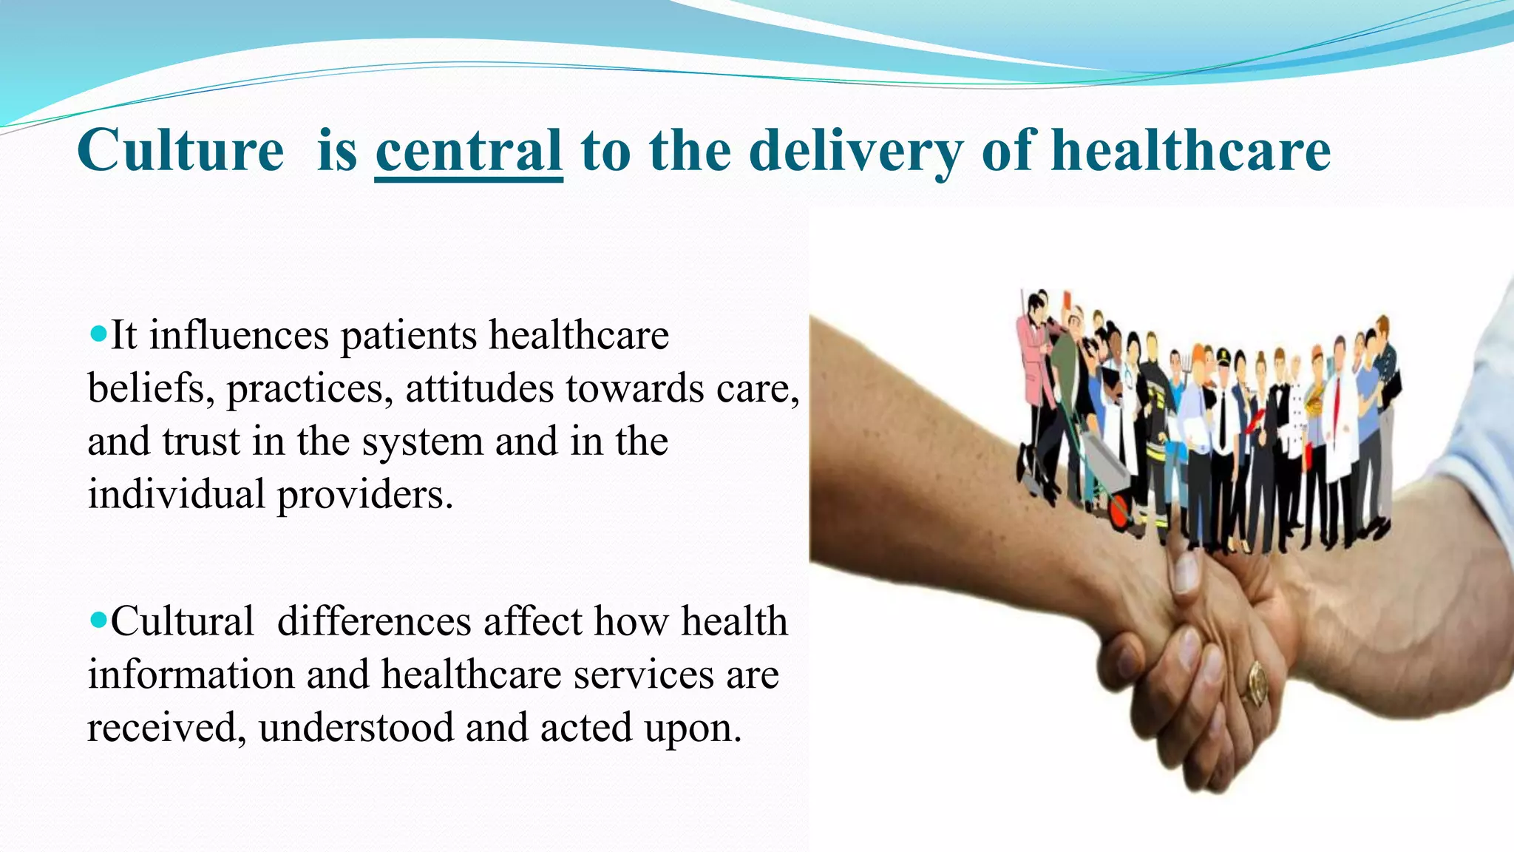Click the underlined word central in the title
469,151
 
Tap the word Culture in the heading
180,151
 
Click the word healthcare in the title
1191,151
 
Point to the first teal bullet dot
98,332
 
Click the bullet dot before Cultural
98,618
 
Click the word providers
364,495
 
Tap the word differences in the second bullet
374,621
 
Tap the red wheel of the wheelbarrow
1121,511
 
